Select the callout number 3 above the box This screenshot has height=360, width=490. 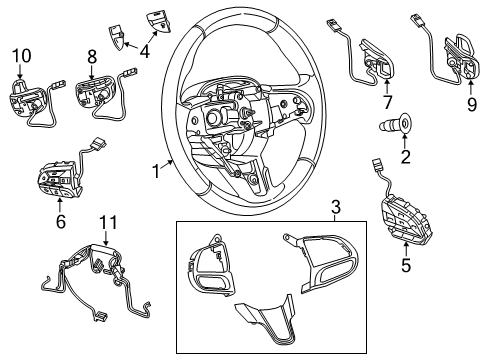[335, 207]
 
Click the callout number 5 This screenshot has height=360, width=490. [407, 266]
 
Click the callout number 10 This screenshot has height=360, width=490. [20, 54]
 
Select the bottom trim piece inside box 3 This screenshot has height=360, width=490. [264, 319]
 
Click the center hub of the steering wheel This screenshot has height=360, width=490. [230, 120]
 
